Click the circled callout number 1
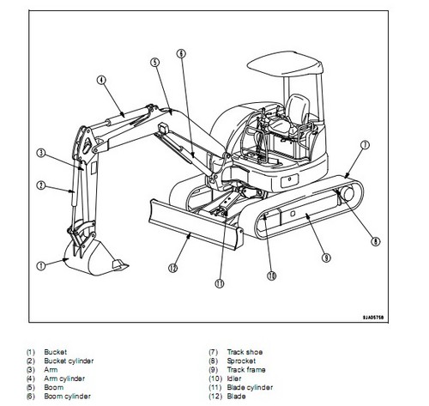coord(41,266)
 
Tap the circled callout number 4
coord(101,81)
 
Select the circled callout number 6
coord(181,53)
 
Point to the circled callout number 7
coord(365,145)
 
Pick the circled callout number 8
coord(376,242)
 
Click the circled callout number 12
coord(173,268)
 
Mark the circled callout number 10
coord(272,276)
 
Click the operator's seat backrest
coord(298,108)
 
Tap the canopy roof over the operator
coord(285,64)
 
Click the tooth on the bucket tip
coord(119,264)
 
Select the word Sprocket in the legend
coord(241,361)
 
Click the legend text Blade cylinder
coord(250,387)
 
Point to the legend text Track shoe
coord(245,352)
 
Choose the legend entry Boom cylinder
coord(68,397)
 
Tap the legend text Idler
coord(234,379)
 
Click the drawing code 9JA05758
coord(373,318)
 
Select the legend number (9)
coord(213,370)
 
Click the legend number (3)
coord(30,370)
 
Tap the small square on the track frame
coord(293,214)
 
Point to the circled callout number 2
coord(41,185)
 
